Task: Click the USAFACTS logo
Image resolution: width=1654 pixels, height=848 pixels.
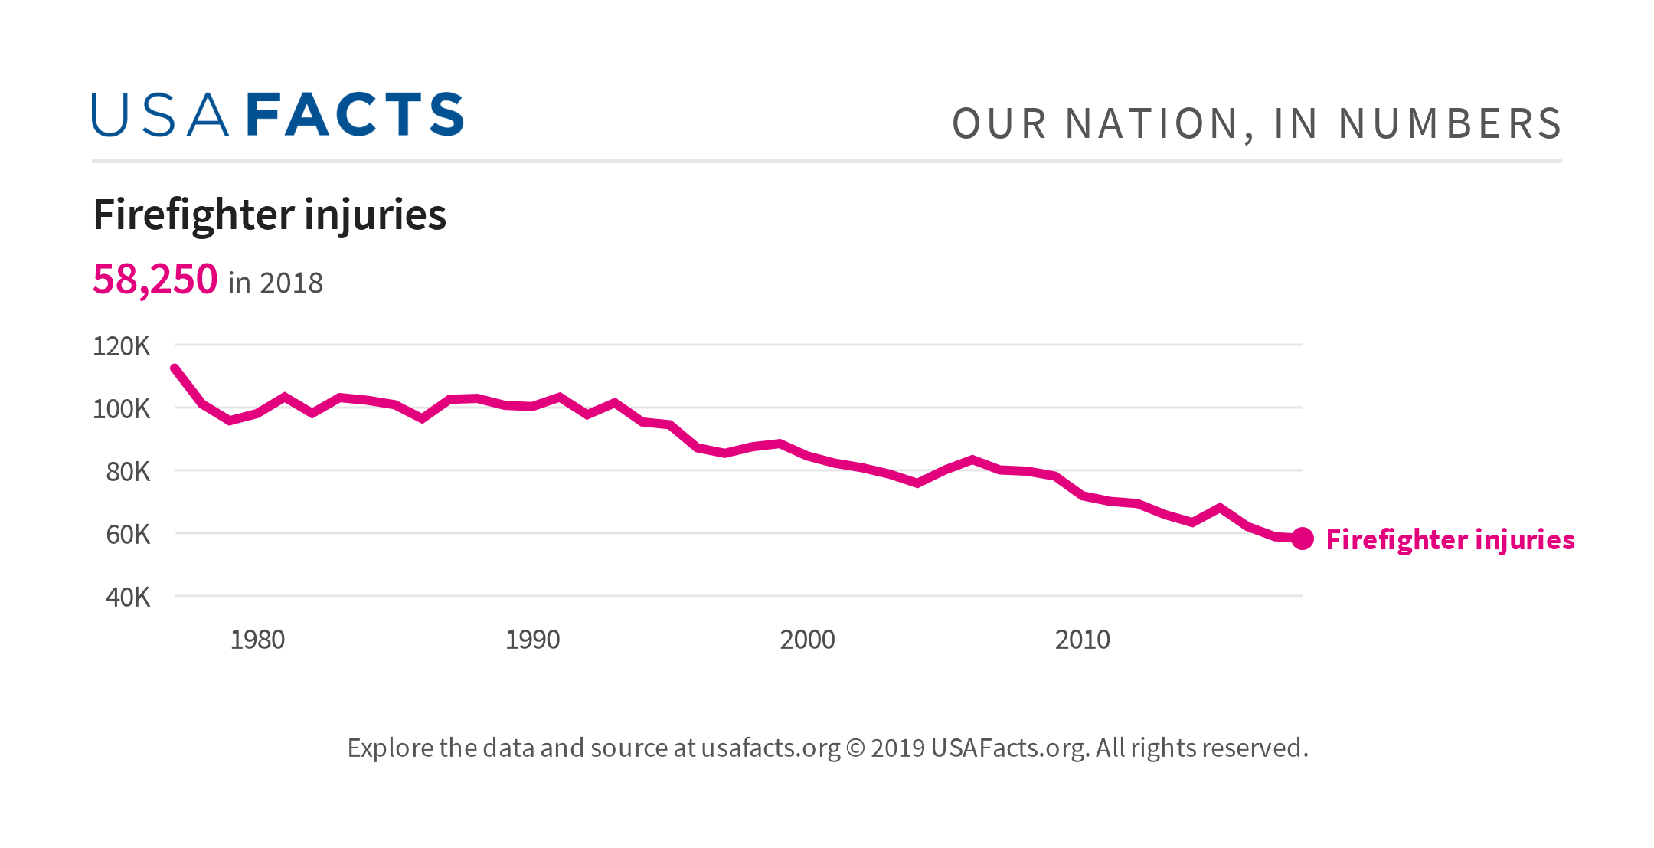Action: tap(277, 115)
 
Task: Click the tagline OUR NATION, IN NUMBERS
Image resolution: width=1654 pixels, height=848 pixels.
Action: tap(1256, 124)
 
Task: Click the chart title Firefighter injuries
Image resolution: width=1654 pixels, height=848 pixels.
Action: tap(270, 214)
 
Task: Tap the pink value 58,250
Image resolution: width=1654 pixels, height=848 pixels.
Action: tap(155, 279)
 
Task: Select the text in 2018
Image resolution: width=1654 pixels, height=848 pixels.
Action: tap(276, 283)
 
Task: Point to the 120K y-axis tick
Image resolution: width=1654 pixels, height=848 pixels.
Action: tap(121, 346)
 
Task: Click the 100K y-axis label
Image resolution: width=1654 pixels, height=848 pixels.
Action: tap(121, 409)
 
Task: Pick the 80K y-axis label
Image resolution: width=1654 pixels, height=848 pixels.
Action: tap(127, 472)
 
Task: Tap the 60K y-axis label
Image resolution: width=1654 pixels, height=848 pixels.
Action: tap(127, 535)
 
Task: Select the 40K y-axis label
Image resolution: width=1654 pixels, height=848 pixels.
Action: tap(127, 598)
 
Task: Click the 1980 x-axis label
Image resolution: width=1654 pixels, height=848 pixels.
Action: tap(257, 640)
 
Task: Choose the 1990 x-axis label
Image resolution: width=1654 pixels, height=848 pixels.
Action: tap(532, 640)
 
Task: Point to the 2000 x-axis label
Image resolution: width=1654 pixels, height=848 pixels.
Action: tap(807, 640)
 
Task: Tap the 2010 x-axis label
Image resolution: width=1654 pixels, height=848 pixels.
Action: tap(1082, 640)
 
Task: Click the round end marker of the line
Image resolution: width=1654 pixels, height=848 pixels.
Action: tap(1303, 539)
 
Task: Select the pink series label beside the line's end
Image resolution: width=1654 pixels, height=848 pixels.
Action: tap(1450, 540)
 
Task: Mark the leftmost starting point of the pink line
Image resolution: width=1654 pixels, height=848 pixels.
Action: tap(175, 368)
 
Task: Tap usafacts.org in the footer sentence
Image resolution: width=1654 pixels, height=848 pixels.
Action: tap(770, 748)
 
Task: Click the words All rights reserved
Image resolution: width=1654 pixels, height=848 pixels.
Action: tap(1201, 748)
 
